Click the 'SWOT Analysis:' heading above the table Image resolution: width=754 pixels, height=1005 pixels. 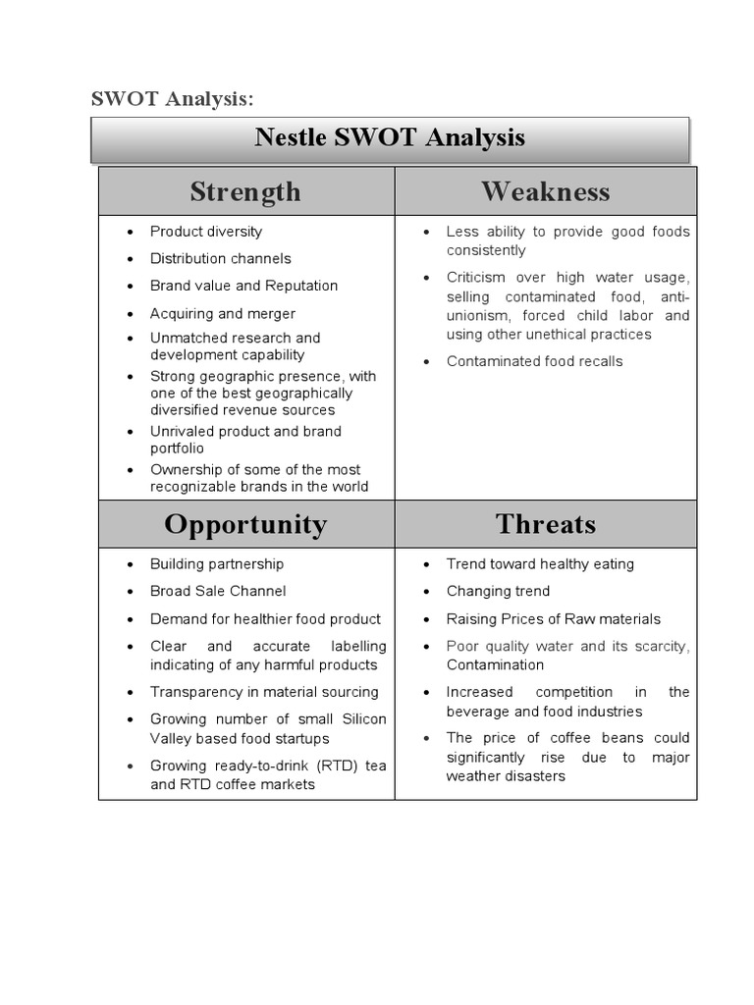tap(172, 98)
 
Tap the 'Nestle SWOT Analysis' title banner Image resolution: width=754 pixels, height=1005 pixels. tap(390, 137)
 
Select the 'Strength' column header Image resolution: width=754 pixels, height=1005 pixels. tap(245, 191)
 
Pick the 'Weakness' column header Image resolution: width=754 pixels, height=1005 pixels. tap(545, 191)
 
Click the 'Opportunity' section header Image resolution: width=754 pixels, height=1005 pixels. tap(245, 524)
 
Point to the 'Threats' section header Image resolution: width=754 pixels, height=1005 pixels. tap(545, 524)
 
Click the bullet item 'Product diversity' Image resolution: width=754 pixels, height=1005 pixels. tap(206, 232)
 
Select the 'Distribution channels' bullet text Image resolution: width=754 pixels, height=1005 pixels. tap(220, 259)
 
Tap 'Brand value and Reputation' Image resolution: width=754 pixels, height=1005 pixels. tap(243, 286)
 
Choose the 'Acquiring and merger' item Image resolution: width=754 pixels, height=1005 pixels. tap(222, 314)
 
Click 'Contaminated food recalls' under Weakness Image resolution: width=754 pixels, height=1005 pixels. tap(534, 361)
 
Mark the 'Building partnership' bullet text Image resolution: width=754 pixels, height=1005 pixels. tap(217, 564)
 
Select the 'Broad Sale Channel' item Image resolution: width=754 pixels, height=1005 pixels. tap(218, 591)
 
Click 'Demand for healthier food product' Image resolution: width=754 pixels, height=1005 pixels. tap(265, 619)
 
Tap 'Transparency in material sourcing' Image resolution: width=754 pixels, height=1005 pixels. tap(264, 692)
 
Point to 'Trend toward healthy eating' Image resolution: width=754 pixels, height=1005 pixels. tap(540, 564)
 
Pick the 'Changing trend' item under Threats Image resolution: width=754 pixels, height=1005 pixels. tap(498, 591)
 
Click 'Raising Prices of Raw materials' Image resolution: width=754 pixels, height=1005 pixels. tap(553, 619)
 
